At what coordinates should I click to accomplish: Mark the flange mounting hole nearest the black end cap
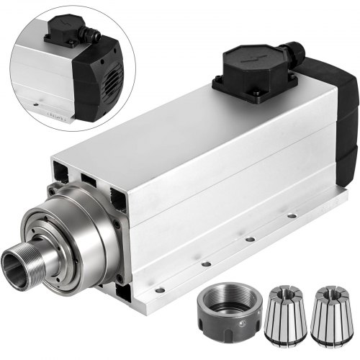(291, 215)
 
